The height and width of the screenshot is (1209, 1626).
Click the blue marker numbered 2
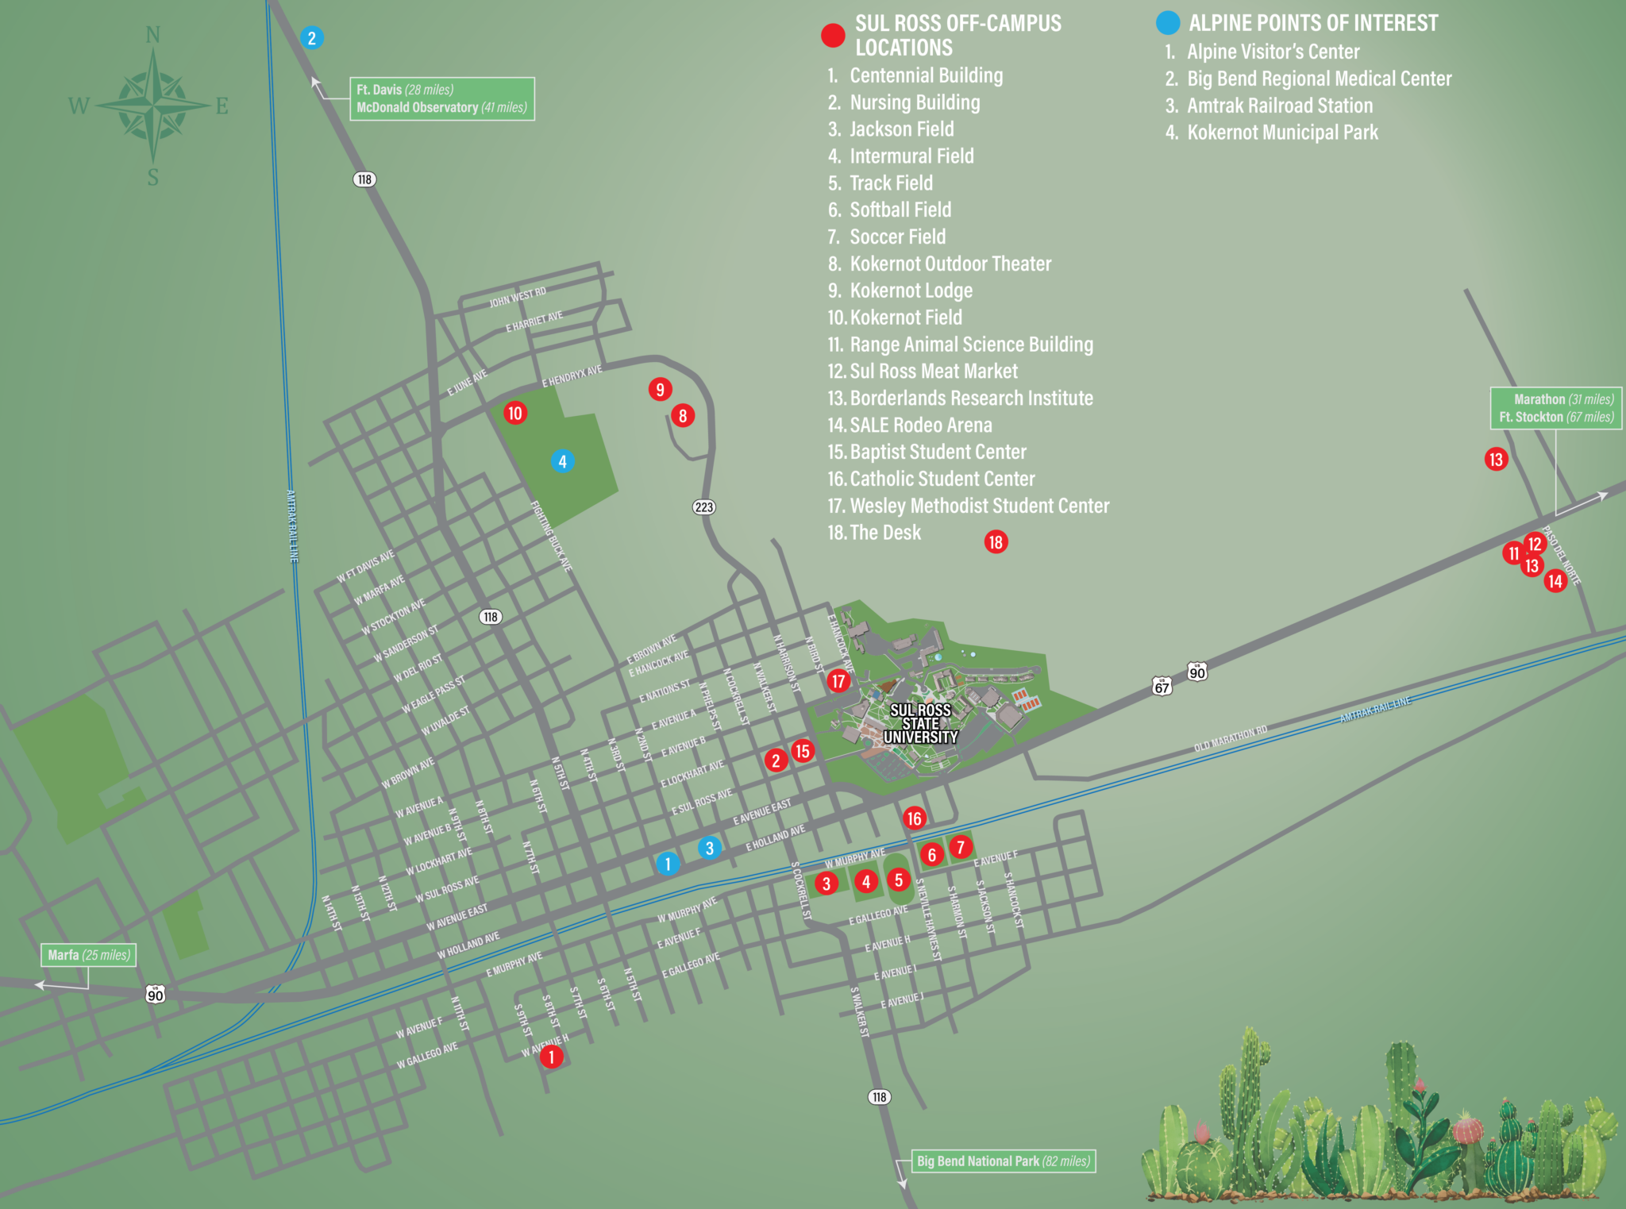(311, 37)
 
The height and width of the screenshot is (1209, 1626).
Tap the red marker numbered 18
(996, 542)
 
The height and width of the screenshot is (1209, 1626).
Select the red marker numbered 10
(515, 413)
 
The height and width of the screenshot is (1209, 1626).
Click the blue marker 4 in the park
(562, 461)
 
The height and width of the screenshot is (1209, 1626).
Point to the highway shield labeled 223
(704, 507)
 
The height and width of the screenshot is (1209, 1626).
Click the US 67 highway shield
(1162, 686)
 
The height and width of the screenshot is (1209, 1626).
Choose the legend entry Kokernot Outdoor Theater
(950, 264)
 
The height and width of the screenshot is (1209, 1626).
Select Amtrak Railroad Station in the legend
(1278, 106)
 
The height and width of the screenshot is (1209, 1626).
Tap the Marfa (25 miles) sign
(88, 955)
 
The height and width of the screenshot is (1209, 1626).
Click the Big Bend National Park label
(1003, 1161)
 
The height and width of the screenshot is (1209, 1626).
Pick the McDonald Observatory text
(417, 107)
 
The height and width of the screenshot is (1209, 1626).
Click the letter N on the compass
(153, 35)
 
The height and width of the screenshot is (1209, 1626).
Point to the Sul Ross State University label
(920, 723)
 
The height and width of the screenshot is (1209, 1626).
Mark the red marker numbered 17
(838, 680)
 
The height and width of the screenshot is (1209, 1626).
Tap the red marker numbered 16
(915, 818)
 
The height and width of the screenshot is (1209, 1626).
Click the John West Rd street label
(518, 297)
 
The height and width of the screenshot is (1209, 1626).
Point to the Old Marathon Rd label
(1230, 739)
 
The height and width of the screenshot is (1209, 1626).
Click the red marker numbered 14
(1555, 580)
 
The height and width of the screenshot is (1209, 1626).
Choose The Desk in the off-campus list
(884, 533)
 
